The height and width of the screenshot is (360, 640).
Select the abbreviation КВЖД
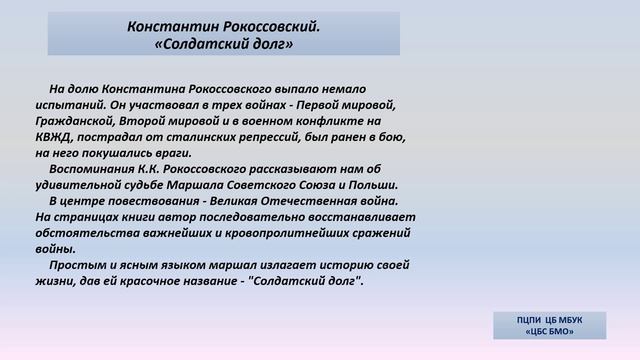[54, 137]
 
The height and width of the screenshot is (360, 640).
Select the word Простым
[77, 265]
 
